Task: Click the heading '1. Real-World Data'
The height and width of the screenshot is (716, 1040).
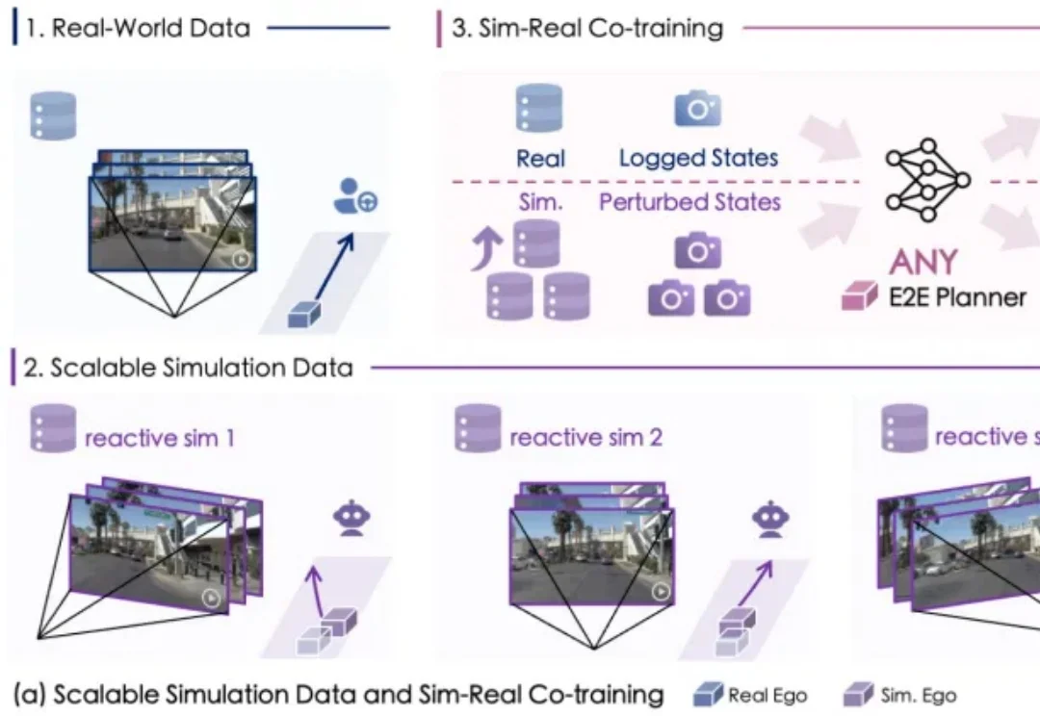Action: click(136, 28)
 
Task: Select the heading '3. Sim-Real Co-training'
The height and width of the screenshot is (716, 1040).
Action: click(587, 28)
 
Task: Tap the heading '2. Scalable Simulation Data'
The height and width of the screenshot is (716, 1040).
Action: click(188, 368)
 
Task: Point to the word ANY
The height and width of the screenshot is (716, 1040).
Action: click(923, 261)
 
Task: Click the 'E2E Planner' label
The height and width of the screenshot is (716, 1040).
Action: click(956, 296)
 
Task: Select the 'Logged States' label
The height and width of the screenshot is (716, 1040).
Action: click(698, 158)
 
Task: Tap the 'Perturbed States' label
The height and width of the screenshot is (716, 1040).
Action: click(689, 202)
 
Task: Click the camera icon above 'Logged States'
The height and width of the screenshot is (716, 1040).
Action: click(697, 109)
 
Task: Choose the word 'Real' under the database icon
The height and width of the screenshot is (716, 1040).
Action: click(540, 158)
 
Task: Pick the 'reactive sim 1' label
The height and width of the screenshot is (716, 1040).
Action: click(160, 439)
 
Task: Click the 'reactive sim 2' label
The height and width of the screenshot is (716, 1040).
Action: click(585, 439)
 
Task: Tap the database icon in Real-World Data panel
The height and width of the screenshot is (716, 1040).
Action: click(54, 116)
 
